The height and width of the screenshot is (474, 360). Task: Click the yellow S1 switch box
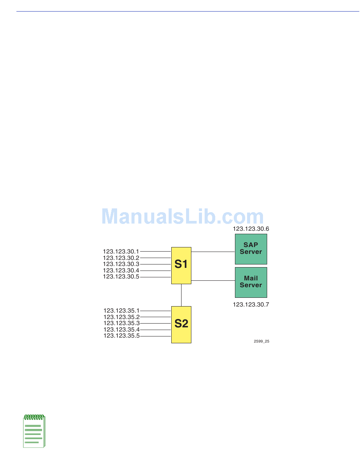point(181,266)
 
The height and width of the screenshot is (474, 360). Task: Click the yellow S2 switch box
point(181,324)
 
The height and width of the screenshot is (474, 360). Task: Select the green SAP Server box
point(251,249)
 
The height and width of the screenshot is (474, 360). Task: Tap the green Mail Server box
point(251,282)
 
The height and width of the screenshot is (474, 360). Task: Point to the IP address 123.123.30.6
point(251,229)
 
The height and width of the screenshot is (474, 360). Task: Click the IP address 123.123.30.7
point(251,304)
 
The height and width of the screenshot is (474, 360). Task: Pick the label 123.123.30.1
point(121,251)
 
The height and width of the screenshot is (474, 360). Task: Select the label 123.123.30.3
point(121,264)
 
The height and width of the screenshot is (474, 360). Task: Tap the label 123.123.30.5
point(121,277)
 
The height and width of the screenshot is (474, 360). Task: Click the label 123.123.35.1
point(121,311)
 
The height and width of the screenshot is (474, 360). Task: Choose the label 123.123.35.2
point(121,317)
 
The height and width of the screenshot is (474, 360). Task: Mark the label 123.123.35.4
point(121,330)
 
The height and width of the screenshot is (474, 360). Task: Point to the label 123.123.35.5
point(121,336)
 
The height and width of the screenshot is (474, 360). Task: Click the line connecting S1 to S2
point(181,295)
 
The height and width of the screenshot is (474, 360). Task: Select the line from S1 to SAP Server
point(213,252)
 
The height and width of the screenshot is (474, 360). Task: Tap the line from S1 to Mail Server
point(213,281)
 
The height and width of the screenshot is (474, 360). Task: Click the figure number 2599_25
point(261,341)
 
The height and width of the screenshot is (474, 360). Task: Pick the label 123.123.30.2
point(121,258)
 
